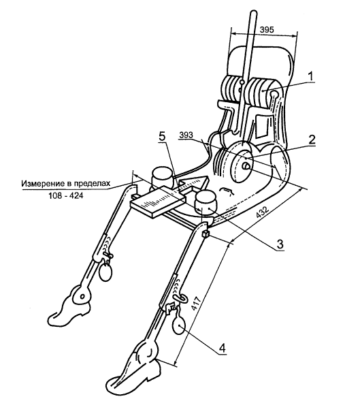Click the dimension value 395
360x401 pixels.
(267, 30)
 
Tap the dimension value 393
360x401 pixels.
(186, 135)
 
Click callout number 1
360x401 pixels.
(310, 76)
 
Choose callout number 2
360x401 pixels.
(312, 140)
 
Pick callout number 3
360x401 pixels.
(280, 244)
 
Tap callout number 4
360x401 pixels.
(223, 348)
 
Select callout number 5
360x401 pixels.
(162, 136)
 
